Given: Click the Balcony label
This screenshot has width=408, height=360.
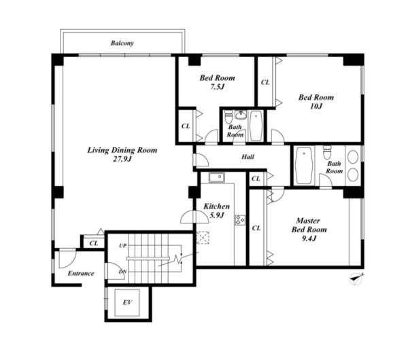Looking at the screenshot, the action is pos(122,43).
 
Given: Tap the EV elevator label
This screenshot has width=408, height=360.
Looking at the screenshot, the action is pos(127,302).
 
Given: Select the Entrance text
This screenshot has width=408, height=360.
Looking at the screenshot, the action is pos(81,273).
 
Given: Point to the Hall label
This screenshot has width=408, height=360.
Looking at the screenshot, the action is pos(248,157).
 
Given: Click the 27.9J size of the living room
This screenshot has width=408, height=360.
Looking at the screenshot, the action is pos(122,159).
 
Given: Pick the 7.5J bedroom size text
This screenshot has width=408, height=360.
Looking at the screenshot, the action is pos(217,87).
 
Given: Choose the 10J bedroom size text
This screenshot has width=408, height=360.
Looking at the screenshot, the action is pos(316,106).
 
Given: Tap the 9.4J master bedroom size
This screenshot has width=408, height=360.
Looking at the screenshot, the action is pos(309,238).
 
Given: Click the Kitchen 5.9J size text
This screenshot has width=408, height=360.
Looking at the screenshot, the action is pos(217,215).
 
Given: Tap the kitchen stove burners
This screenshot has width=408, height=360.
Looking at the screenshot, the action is pos(240,220).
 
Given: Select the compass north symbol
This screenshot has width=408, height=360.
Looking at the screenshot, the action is pos(356,278).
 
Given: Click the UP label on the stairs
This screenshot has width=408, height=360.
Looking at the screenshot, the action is pos(123,246).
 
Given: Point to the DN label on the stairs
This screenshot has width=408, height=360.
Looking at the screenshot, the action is pos(122,272).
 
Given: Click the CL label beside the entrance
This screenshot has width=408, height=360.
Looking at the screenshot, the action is pos(94,243).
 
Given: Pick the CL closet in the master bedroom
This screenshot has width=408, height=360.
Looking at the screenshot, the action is pos(256,228).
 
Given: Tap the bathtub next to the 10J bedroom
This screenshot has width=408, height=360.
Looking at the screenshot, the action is pos(256,126).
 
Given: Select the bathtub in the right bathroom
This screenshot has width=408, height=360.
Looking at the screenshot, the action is pos(304,166).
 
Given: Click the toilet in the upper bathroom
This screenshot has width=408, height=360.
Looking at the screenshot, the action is pos(228,117).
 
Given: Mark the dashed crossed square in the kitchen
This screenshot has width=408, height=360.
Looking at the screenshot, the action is pos(203,238).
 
